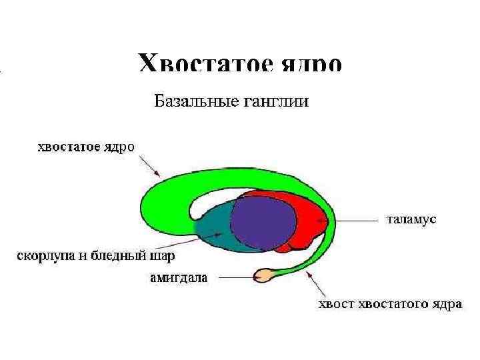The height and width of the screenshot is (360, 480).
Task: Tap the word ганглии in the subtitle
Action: click(x=278, y=102)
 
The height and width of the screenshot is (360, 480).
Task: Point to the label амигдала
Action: click(x=178, y=278)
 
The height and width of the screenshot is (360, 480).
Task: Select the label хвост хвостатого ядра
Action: click(x=389, y=305)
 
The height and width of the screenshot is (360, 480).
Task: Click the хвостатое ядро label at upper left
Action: click(x=85, y=146)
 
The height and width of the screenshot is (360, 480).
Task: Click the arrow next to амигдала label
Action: click(x=233, y=274)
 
